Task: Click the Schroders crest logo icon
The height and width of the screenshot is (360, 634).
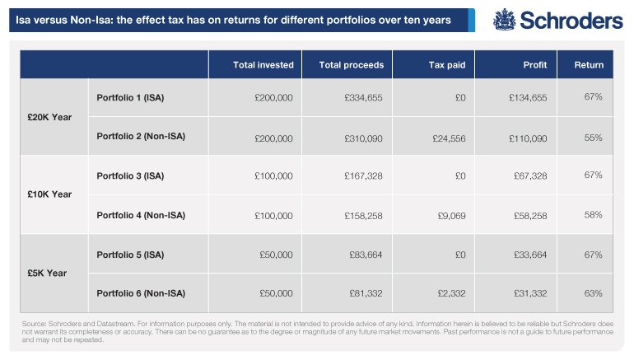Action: [504, 20]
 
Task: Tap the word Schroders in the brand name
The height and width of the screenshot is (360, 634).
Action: [571, 21]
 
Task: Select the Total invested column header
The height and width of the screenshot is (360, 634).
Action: [263, 65]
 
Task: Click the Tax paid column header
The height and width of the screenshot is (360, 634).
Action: [447, 65]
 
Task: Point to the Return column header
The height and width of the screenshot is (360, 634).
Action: [589, 65]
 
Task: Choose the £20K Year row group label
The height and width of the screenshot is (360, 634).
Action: [49, 117]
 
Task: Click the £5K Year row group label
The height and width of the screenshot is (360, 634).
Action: [47, 273]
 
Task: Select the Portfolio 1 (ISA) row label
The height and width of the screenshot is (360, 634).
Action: [130, 97]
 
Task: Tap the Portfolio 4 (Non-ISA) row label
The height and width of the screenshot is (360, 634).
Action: [141, 215]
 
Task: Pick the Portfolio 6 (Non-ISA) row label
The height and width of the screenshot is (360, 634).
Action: [141, 293]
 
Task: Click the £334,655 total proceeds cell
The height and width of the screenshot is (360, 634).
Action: [363, 97]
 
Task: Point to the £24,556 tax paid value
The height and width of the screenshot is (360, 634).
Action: [449, 138]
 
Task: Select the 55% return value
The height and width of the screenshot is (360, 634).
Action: [593, 138]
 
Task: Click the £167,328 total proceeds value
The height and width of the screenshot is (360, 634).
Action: [363, 176]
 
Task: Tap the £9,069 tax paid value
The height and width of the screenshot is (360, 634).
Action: [451, 216]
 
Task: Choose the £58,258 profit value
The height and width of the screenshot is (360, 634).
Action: [530, 216]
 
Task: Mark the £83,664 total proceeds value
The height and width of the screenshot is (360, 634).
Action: [366, 255]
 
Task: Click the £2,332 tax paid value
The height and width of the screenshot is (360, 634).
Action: [451, 293]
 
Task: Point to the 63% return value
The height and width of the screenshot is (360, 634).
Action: [593, 293]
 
